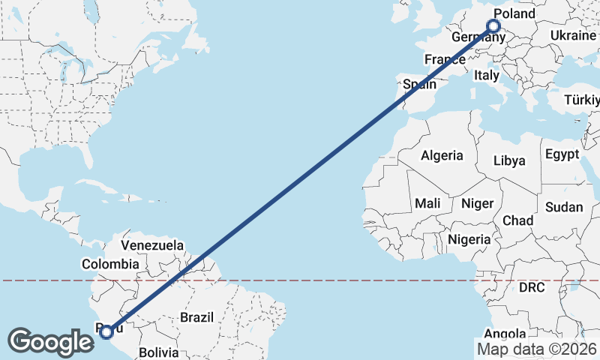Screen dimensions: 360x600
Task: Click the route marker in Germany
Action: (x=493, y=26)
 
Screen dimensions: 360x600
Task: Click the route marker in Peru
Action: (x=106, y=331)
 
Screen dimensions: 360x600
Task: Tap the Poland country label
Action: (x=515, y=13)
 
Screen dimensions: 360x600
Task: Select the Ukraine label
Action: (x=573, y=36)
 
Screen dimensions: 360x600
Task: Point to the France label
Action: (x=445, y=59)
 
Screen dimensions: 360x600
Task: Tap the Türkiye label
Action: (x=582, y=100)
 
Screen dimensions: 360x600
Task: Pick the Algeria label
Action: (x=442, y=156)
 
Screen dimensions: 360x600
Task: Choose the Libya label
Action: (x=509, y=160)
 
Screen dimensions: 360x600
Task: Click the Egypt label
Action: (x=562, y=154)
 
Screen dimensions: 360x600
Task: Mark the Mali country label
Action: (x=427, y=203)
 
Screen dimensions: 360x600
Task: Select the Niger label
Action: (x=477, y=203)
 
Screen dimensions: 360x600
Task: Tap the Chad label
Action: (x=517, y=220)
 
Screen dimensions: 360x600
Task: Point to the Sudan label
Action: (x=559, y=207)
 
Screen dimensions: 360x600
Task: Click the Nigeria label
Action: (x=469, y=239)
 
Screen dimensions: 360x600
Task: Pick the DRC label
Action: (x=531, y=287)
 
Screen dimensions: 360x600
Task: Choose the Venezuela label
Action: (x=152, y=245)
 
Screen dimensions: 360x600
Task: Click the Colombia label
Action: (x=110, y=264)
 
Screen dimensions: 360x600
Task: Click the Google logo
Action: (x=51, y=341)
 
